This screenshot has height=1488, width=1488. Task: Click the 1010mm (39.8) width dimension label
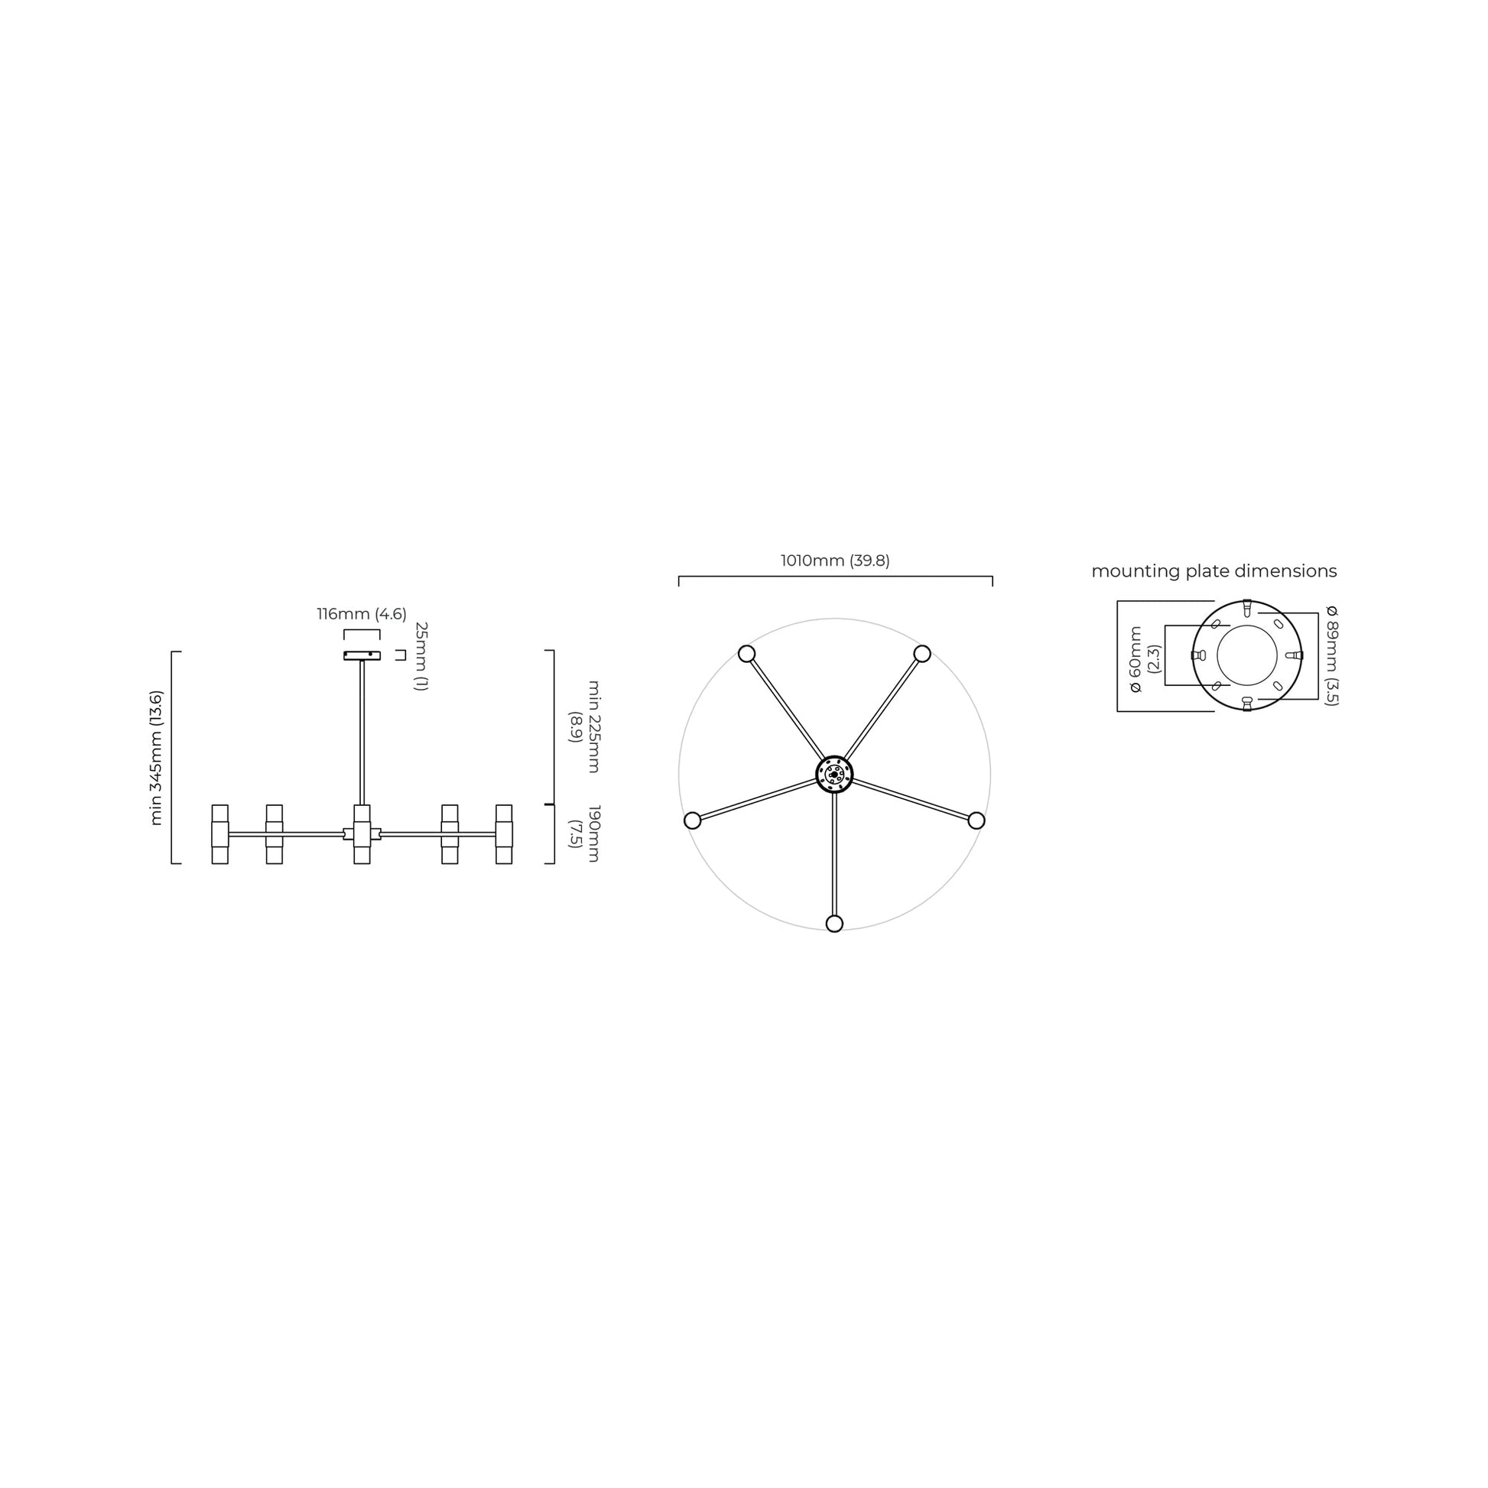point(835,560)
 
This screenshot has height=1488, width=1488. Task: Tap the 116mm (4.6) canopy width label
point(361,614)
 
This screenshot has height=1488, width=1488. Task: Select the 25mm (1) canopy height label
point(421,655)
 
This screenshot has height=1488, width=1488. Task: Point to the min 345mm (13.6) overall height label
point(156,758)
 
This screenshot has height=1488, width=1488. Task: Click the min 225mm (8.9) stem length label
point(584,726)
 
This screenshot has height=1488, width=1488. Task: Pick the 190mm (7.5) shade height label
point(584,833)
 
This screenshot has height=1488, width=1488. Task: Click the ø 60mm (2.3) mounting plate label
point(1144,658)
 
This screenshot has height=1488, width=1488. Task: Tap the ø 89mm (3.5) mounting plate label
point(1332,655)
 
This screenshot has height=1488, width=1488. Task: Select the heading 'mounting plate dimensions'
point(1213,571)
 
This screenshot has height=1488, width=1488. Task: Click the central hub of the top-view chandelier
point(834,774)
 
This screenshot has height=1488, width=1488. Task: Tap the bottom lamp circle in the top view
point(834,924)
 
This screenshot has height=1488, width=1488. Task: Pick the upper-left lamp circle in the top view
point(746,654)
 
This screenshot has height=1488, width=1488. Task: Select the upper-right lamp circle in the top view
point(922,654)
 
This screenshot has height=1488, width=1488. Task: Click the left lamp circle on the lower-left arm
point(693,820)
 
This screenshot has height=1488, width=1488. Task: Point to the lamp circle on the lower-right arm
point(976,820)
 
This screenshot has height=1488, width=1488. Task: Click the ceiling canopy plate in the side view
point(361,655)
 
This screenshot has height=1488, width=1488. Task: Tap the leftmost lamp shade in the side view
point(219,834)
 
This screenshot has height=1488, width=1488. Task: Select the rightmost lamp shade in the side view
point(504,834)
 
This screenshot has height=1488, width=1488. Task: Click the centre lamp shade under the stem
point(362,834)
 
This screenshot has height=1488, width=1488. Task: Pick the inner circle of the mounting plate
point(1247,655)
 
